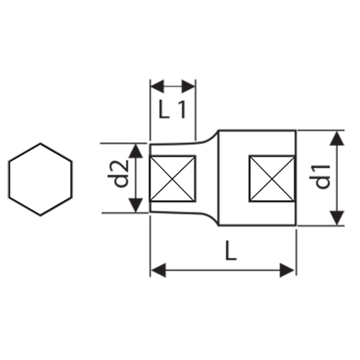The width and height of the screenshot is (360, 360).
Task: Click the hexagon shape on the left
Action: coord(40,180)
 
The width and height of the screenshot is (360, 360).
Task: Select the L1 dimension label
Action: coord(172,110)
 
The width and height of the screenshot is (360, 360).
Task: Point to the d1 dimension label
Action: coord(320,177)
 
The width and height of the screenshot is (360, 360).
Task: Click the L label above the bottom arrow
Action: coord(231,251)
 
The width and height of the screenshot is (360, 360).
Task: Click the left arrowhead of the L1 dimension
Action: coord(157,86)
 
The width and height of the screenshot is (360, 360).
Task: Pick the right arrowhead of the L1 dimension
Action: coord(188,86)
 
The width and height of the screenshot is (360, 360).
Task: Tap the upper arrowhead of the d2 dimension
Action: coord(136,151)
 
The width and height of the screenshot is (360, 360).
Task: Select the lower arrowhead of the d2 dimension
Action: coord(136,205)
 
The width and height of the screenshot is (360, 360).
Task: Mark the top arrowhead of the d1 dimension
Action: coord(336,138)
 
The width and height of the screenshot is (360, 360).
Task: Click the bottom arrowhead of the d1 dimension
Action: coord(336,218)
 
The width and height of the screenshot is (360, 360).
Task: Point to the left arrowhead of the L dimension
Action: coord(159,270)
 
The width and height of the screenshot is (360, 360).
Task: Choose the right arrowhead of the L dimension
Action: coord(287,270)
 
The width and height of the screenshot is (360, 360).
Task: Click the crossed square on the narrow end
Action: coord(172,179)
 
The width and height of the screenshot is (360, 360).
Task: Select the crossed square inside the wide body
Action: coord(272,179)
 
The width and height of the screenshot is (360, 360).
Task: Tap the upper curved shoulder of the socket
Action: coord(209,137)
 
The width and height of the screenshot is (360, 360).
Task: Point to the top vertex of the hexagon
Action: coord(40,143)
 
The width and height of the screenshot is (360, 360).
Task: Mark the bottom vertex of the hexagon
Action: coord(40,216)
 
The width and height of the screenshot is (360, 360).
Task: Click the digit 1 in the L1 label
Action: coord(182,110)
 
